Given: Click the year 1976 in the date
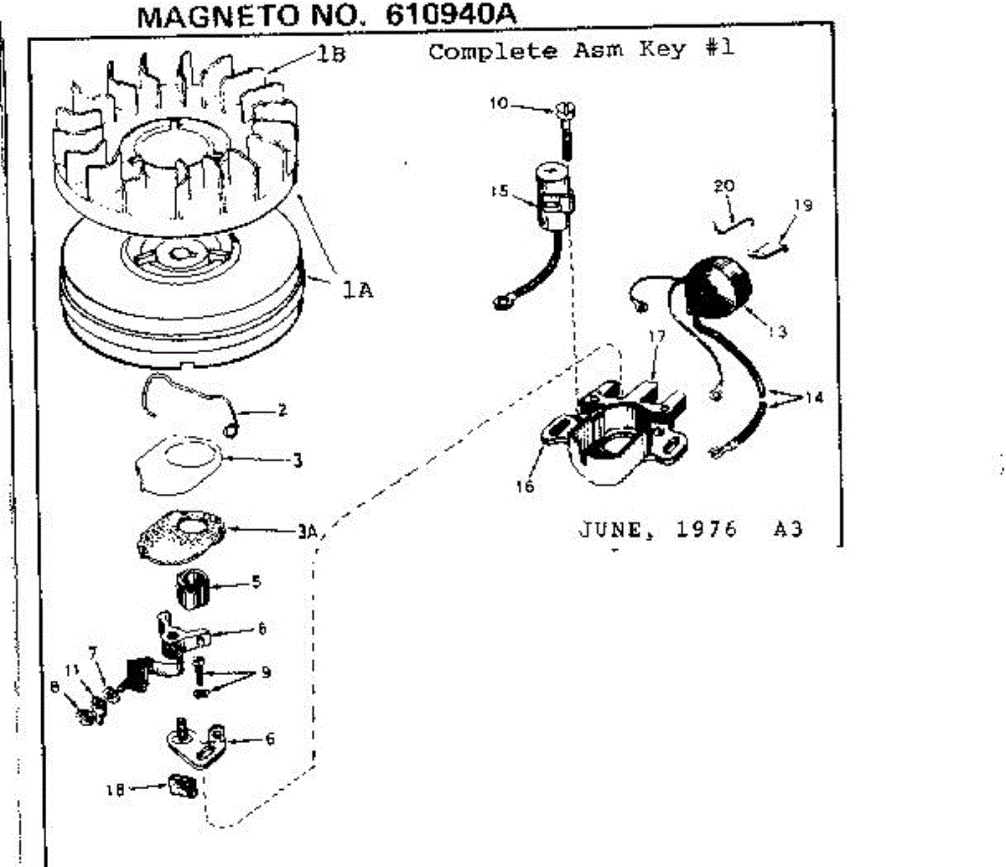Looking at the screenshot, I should coord(707,529).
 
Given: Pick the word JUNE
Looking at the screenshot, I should coord(610,529).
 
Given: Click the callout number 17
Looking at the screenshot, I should coord(656,336).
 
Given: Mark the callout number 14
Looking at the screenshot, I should coord(812,397).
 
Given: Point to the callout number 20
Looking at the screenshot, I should coord(723,186).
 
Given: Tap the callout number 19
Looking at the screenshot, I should coord(803,204).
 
